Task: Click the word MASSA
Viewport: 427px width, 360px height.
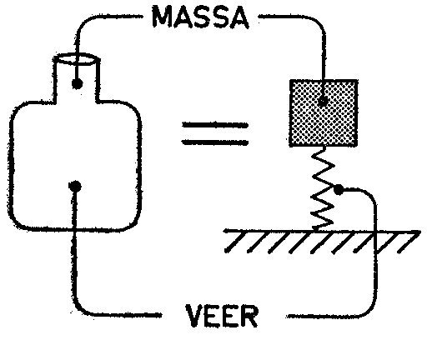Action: click(x=200, y=17)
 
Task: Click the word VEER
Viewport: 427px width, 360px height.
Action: click(x=222, y=316)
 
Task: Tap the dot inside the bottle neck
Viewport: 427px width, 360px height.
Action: click(x=77, y=83)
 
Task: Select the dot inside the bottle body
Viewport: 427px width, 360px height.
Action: click(x=75, y=186)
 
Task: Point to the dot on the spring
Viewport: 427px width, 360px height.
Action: click(x=339, y=190)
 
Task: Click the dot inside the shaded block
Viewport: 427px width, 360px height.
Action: click(x=323, y=101)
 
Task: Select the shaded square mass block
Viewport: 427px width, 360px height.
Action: click(x=324, y=112)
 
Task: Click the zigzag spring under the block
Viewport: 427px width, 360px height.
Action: click(x=323, y=188)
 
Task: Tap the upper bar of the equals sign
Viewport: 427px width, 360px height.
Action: click(x=214, y=126)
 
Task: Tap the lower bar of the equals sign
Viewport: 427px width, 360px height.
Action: click(x=214, y=142)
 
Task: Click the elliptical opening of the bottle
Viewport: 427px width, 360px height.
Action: click(x=77, y=58)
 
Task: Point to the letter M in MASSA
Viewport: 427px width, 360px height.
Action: click(x=163, y=17)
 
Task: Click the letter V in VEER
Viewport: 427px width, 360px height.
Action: click(x=195, y=316)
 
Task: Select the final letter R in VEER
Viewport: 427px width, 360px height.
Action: click(x=249, y=317)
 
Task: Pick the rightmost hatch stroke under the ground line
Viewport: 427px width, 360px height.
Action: click(x=409, y=242)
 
